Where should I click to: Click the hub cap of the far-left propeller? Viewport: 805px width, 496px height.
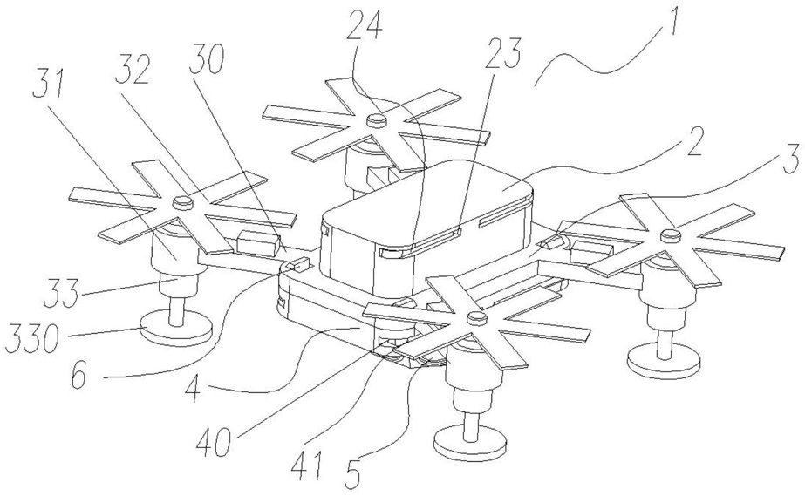tap(181, 202)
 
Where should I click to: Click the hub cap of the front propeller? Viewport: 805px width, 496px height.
tap(474, 316)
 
